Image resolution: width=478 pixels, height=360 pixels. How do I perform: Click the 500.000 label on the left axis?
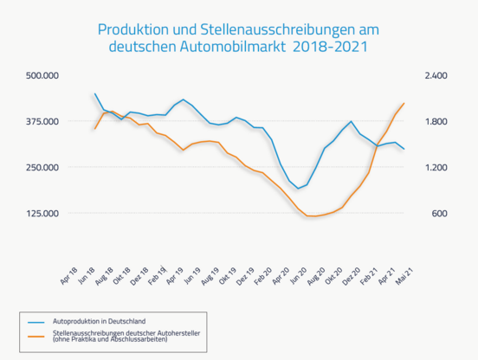42,75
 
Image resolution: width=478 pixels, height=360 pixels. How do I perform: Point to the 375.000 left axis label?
42,121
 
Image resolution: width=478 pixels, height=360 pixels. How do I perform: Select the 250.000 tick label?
42,167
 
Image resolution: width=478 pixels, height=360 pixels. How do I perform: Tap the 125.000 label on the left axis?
42,213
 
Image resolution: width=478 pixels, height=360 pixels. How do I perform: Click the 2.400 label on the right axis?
436,75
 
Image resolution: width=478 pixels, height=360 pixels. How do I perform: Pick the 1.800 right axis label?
436,121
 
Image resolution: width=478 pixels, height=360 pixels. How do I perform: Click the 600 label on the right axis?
439,213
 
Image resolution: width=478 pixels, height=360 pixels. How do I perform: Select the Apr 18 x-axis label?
69,276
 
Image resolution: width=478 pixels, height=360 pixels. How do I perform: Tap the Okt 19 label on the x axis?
228,276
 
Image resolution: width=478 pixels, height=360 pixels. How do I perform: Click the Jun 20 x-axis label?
299,276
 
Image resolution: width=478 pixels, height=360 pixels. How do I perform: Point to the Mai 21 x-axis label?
404,276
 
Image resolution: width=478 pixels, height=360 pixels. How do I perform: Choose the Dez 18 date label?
139,276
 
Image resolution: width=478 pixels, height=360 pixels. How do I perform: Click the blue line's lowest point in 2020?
298,189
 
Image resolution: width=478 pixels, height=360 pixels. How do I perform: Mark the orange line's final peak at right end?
404,103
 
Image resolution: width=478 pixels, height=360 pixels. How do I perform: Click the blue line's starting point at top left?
94,93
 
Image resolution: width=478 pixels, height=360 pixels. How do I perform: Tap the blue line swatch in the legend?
36,322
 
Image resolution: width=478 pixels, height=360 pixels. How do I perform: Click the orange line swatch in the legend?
36,337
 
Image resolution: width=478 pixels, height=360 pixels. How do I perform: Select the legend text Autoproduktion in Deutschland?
99,321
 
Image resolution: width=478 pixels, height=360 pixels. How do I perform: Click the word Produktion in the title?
133,29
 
